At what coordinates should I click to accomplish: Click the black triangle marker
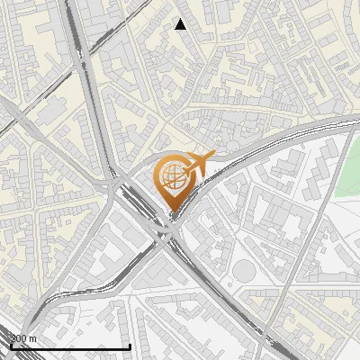pos(181,24)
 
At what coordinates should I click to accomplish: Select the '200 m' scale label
pos(23,338)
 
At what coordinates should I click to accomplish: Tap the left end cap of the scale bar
pos(11,346)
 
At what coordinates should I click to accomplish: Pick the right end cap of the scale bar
pos(130,346)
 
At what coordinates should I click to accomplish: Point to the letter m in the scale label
pos(33,338)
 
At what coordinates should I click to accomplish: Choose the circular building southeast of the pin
pos(244,269)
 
